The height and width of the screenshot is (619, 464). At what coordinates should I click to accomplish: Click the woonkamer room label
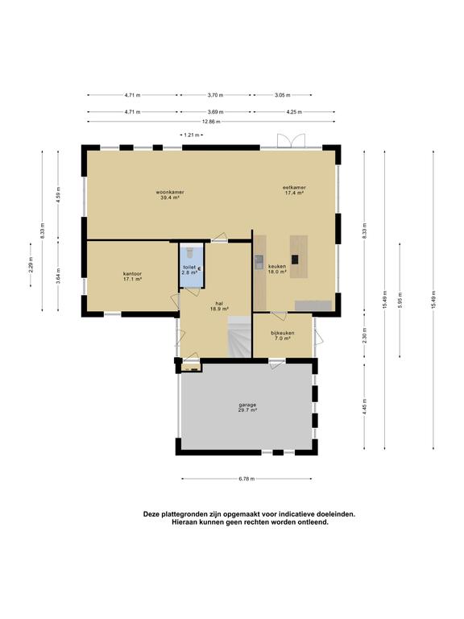coord(170,194)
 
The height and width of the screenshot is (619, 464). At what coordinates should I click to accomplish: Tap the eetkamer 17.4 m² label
coord(294,190)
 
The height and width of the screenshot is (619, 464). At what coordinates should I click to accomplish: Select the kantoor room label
coord(133,276)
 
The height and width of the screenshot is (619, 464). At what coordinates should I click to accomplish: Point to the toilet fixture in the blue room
coord(189,251)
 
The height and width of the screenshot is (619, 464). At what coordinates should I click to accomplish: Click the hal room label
coord(219,306)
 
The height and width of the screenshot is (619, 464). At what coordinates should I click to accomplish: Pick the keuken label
coord(277,269)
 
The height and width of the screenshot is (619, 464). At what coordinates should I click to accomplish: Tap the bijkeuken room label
coord(283,335)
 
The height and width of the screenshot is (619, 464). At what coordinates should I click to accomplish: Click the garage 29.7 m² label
coord(247,407)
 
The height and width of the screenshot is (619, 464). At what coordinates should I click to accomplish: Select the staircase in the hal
coord(240,337)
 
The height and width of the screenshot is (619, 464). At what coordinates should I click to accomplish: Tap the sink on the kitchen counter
coord(259,262)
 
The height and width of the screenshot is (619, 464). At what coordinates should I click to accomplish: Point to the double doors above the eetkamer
coord(291,141)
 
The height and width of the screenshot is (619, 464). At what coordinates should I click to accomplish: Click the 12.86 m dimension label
coord(212,122)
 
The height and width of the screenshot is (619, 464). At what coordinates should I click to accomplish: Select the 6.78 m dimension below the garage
coord(246,479)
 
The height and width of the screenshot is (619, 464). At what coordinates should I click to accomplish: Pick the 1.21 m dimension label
coord(192,135)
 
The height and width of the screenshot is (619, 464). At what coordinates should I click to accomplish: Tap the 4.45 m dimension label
coord(364,406)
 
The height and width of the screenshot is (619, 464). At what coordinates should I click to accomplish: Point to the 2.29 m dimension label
coord(31,265)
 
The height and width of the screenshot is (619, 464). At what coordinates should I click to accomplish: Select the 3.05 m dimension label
coord(283,95)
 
